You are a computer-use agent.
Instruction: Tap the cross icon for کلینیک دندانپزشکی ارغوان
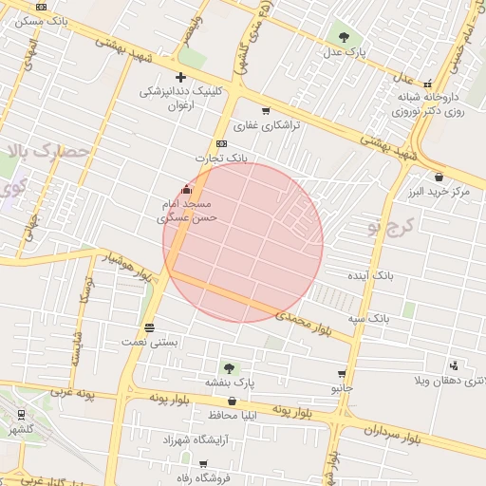click(180, 77)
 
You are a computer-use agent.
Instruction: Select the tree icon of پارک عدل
click(343, 36)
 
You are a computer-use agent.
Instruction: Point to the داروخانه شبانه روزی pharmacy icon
click(428, 83)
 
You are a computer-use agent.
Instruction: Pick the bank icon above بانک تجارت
click(222, 143)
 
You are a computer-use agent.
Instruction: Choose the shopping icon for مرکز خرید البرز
click(439, 177)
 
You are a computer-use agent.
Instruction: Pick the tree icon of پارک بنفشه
click(228, 366)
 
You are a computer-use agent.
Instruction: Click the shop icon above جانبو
click(342, 374)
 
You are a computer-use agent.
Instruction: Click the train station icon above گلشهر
click(21, 415)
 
